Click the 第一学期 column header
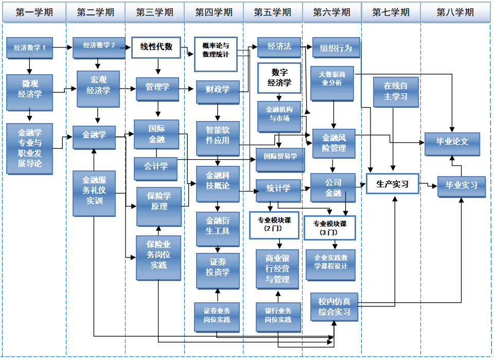(34, 12)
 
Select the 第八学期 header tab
(455, 12)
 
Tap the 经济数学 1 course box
(29, 48)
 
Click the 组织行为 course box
(336, 48)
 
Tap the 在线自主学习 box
(395, 92)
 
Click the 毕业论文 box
(452, 142)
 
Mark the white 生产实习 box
(392, 184)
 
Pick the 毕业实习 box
(461, 185)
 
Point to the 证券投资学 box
(218, 267)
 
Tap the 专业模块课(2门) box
(274, 225)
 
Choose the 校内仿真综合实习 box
(334, 306)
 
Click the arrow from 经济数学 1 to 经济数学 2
(62, 48)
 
